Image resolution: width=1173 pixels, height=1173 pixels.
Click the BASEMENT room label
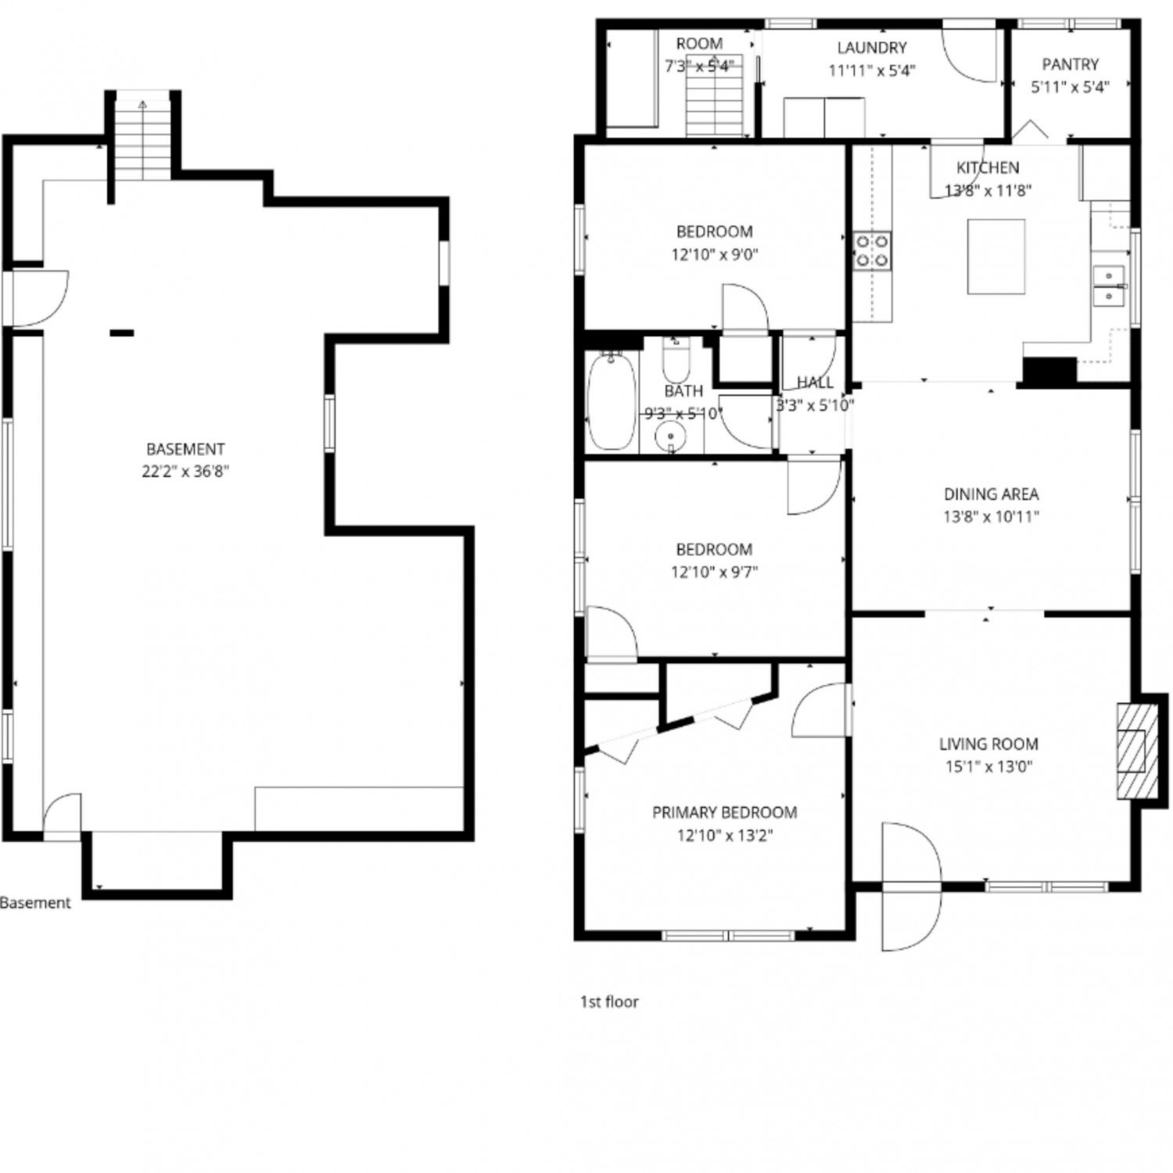(185, 449)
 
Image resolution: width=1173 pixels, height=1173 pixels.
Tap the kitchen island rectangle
(995, 256)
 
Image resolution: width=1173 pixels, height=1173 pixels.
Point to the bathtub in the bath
(612, 401)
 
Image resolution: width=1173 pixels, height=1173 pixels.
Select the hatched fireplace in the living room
(1136, 752)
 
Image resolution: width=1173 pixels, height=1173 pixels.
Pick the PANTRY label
(1070, 65)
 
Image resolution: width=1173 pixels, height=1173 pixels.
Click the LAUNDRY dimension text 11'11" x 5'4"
(872, 70)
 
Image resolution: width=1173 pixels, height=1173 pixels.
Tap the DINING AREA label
(991, 494)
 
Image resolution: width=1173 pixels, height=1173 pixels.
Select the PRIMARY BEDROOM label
(725, 812)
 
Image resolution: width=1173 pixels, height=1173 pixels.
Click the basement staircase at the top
(142, 139)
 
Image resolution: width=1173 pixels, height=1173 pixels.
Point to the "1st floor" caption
(609, 1002)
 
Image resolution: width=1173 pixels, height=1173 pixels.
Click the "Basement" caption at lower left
(35, 902)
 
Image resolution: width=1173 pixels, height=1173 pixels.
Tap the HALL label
(815, 382)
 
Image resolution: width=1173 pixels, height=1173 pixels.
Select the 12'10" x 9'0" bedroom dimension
(715, 254)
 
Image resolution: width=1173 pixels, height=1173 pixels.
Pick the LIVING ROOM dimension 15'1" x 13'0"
(988, 766)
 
